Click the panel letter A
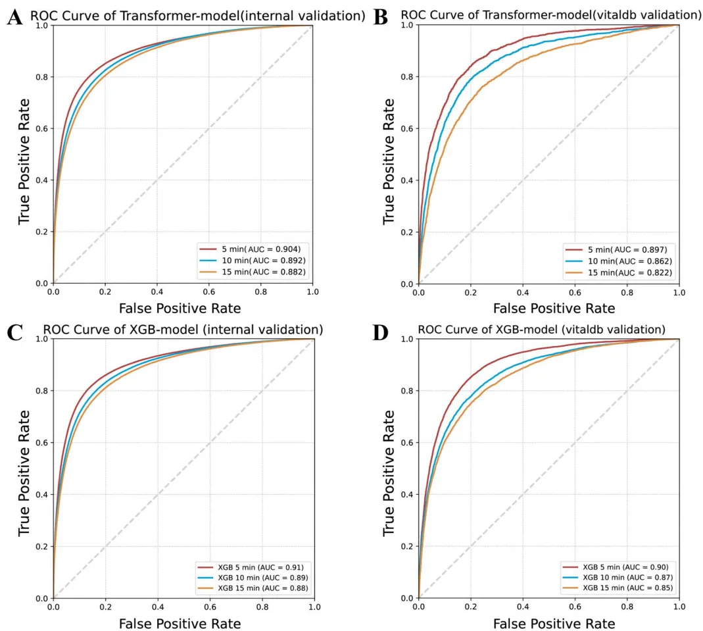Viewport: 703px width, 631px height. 14,17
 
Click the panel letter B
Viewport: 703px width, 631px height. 380,17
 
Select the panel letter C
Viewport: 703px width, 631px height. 14,332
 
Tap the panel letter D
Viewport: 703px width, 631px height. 380,332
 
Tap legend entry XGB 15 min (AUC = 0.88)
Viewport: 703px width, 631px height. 253,587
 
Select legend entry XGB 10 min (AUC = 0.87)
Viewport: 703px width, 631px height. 619,577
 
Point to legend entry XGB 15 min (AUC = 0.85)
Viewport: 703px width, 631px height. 619,587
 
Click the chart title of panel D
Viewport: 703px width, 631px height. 542,329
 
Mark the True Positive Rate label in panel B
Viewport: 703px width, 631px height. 389,161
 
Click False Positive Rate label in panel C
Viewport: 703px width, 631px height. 180,622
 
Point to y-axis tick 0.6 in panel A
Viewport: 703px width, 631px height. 43,128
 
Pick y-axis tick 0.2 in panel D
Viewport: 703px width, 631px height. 408,546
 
